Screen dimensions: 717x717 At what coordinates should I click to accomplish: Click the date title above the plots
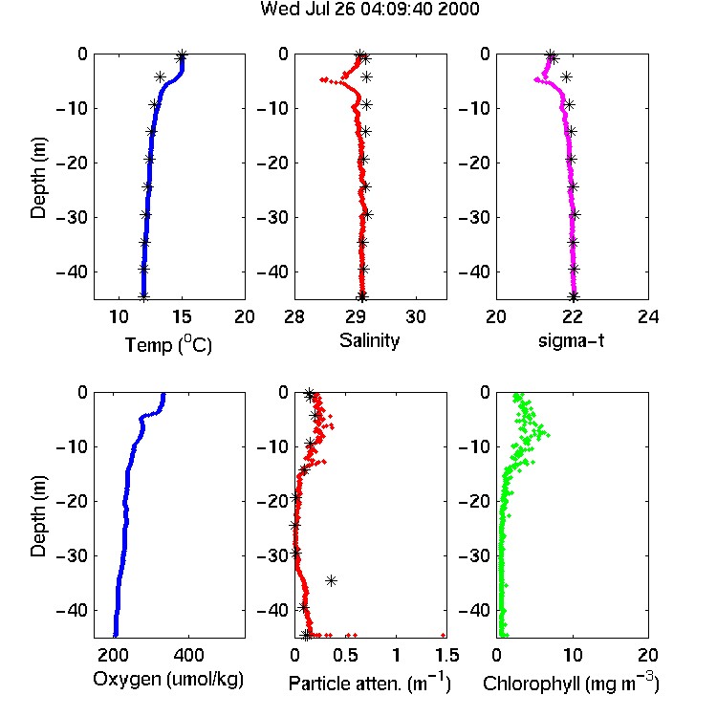click(x=369, y=9)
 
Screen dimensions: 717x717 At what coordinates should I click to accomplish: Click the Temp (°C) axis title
click(x=168, y=344)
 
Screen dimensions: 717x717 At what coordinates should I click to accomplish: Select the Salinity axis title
click(x=369, y=340)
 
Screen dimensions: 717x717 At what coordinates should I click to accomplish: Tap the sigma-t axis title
click(x=571, y=340)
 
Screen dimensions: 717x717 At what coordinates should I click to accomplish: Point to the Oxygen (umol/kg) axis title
click(x=168, y=680)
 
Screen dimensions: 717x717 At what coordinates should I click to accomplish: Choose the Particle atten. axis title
click(x=369, y=683)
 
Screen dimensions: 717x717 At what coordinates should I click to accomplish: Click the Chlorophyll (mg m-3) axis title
click(x=571, y=683)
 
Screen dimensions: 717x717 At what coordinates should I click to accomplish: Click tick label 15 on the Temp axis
click(x=182, y=316)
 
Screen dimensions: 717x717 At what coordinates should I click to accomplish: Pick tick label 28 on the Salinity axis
click(x=294, y=316)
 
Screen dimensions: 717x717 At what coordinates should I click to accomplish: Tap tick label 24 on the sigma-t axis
click(x=648, y=316)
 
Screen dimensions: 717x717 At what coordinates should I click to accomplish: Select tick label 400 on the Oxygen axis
click(x=188, y=655)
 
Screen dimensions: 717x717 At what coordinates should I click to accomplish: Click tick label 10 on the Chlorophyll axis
click(x=573, y=655)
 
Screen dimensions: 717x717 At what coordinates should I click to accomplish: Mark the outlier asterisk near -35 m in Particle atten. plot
click(x=331, y=580)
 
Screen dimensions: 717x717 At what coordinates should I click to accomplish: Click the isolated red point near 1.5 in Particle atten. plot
click(x=443, y=635)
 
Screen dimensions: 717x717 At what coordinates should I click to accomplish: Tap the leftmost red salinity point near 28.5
click(x=322, y=79)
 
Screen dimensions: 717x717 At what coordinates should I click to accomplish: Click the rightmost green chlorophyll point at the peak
click(x=548, y=435)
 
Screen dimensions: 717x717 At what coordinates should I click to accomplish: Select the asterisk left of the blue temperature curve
click(x=160, y=76)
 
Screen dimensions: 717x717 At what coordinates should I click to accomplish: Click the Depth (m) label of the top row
click(x=38, y=178)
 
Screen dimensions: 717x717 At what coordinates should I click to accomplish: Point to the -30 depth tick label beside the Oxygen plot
click(x=72, y=556)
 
